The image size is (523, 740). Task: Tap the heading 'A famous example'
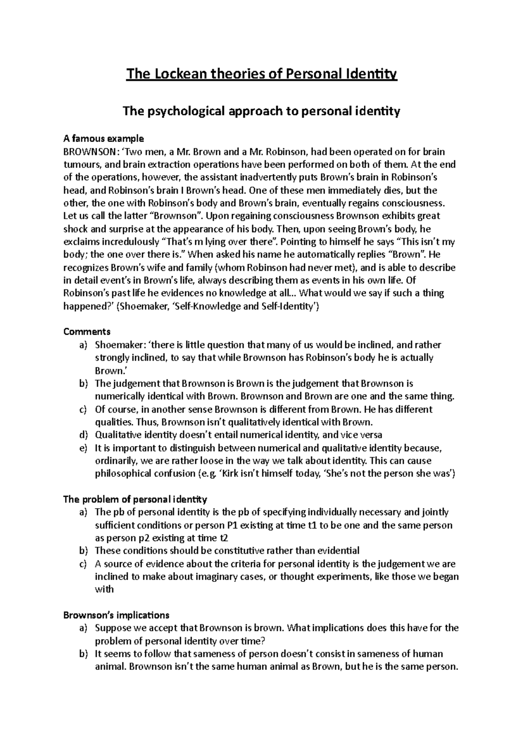point(103,139)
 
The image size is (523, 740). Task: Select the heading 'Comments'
point(87,332)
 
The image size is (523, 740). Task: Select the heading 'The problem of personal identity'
point(135,499)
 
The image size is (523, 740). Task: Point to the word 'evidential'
point(336,551)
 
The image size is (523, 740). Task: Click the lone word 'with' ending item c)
point(104,589)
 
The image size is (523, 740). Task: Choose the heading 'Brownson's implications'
point(116,615)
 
